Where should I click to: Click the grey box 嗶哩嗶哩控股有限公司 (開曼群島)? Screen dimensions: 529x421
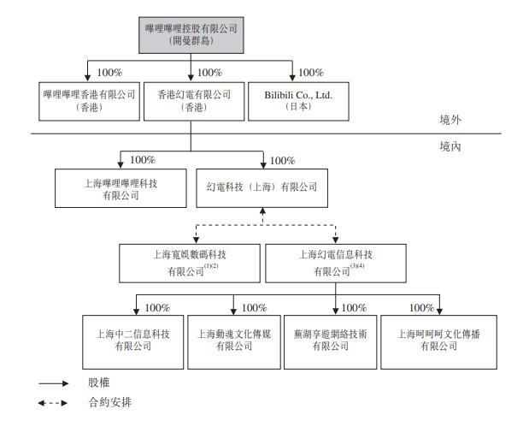point(191,35)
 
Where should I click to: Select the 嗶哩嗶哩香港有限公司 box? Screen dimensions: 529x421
point(89,101)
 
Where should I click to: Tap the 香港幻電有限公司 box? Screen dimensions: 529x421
point(194,101)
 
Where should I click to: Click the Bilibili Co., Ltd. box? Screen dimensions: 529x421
point(298,101)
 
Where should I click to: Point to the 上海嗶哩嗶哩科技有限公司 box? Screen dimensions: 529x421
point(120,188)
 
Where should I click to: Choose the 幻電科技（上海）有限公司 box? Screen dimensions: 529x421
point(262,188)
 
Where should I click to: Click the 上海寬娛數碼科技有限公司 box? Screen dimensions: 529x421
point(190,264)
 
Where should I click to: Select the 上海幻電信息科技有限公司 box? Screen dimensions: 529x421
point(336,264)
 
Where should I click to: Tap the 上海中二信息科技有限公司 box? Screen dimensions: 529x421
point(133,342)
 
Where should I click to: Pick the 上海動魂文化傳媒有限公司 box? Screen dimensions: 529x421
point(234,342)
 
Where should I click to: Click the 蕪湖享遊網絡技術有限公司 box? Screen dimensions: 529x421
point(330,342)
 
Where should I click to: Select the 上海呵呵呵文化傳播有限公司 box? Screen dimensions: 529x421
point(439,342)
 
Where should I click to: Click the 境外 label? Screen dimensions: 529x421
point(450,120)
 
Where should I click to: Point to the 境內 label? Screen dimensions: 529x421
point(450,146)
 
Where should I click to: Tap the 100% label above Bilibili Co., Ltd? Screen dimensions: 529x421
point(311,73)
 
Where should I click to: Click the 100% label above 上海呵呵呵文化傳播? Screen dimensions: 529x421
point(421,307)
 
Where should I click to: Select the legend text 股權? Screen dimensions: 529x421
point(99,382)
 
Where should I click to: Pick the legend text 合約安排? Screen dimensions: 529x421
point(110,402)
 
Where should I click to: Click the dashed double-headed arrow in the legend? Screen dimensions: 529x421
point(53,403)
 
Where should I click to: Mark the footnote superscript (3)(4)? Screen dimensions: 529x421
point(357,266)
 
